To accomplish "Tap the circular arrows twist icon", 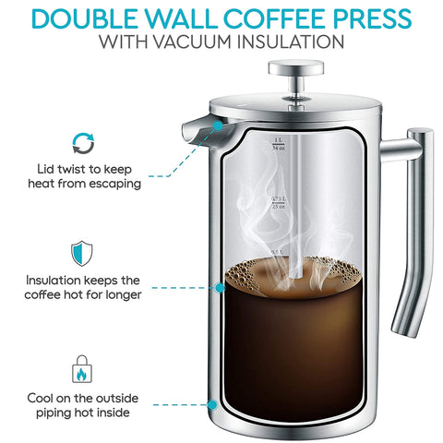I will click(84, 142).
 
